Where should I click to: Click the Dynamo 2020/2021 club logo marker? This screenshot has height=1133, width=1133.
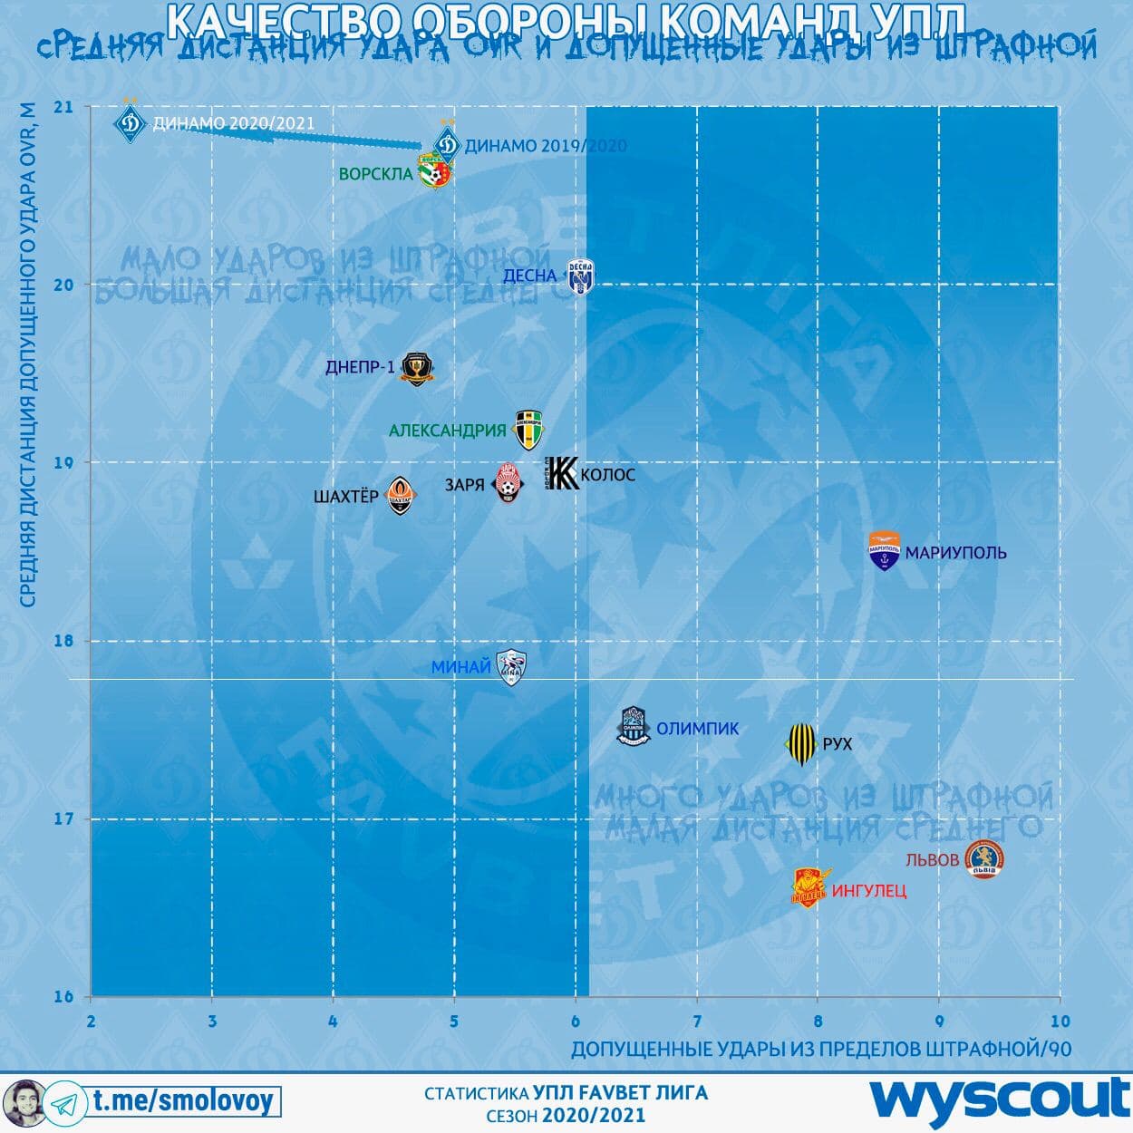tap(131, 121)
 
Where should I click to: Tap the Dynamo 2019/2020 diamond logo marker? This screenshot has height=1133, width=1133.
tap(445, 143)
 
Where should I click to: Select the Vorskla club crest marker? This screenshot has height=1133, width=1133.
tap(435, 172)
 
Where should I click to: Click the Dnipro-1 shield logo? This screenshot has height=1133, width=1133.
tap(417, 367)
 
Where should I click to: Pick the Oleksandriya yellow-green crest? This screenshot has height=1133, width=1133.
tap(528, 430)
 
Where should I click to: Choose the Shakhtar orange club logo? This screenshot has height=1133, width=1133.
tap(400, 495)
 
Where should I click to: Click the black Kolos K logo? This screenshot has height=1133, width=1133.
tap(562, 473)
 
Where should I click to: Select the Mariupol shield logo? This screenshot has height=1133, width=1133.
tap(884, 551)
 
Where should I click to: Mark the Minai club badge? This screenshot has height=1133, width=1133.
tap(511, 667)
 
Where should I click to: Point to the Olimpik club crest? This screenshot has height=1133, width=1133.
tap(634, 727)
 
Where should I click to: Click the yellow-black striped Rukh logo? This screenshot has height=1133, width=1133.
tap(801, 743)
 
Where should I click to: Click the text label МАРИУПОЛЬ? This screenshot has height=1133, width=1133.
tap(955, 553)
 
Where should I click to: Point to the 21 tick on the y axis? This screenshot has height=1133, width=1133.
tap(63, 107)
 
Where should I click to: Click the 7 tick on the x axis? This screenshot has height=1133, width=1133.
tap(697, 1022)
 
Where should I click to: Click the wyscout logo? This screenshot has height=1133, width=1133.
tap(999, 1100)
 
